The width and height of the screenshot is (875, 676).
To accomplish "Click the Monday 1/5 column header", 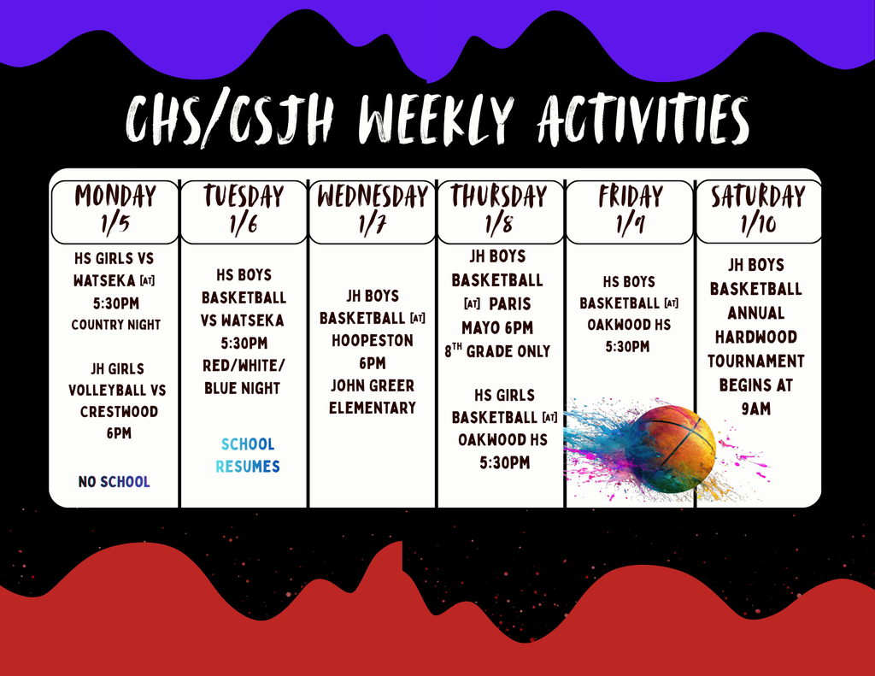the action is point(115,212).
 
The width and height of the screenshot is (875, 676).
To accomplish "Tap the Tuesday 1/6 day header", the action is point(244,212).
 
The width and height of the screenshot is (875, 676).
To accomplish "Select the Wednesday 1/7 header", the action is point(373,212).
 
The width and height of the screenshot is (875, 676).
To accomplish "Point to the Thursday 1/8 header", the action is point(501,212).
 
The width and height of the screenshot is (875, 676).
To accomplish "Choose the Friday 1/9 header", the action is point(630,212).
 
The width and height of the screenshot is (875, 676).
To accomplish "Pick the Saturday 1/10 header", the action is point(759,212).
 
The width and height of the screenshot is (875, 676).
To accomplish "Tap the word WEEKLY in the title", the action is point(435,121).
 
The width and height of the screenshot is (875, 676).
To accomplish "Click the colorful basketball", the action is point(670,449).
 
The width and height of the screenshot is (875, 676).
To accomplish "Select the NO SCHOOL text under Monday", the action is point(115,482).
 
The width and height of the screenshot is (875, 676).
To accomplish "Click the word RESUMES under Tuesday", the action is point(248,466).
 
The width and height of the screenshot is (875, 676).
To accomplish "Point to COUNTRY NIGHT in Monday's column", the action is point(116,325).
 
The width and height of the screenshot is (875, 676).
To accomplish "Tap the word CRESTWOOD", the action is point(119,412).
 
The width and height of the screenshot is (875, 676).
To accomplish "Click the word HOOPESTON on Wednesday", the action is point(373,340).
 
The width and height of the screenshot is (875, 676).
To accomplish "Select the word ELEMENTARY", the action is point(373,408).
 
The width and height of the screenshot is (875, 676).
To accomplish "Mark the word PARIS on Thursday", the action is point(510,304).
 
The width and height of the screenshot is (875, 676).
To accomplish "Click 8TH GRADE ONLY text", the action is point(497,350).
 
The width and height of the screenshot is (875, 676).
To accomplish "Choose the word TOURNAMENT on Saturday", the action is point(756,362).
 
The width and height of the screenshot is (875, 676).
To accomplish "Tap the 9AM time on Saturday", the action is point(756,409).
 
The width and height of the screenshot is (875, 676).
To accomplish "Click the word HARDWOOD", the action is point(756,338).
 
